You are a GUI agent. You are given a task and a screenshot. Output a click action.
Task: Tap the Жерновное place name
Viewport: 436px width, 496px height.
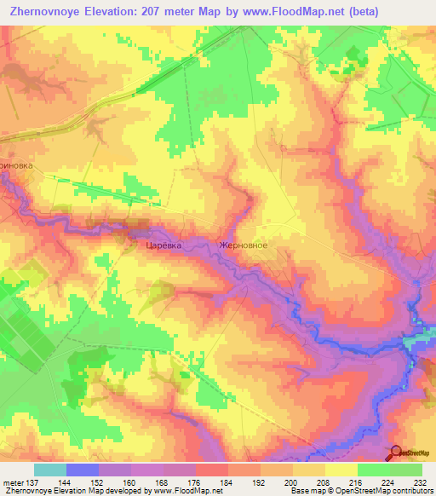(244, 245)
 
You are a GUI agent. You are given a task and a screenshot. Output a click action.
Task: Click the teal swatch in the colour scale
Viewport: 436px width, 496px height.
(50, 470)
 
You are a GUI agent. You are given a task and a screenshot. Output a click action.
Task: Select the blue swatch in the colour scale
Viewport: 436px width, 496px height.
(83, 470)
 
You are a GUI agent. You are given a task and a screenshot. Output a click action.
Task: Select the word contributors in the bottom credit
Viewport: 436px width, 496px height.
(409, 492)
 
